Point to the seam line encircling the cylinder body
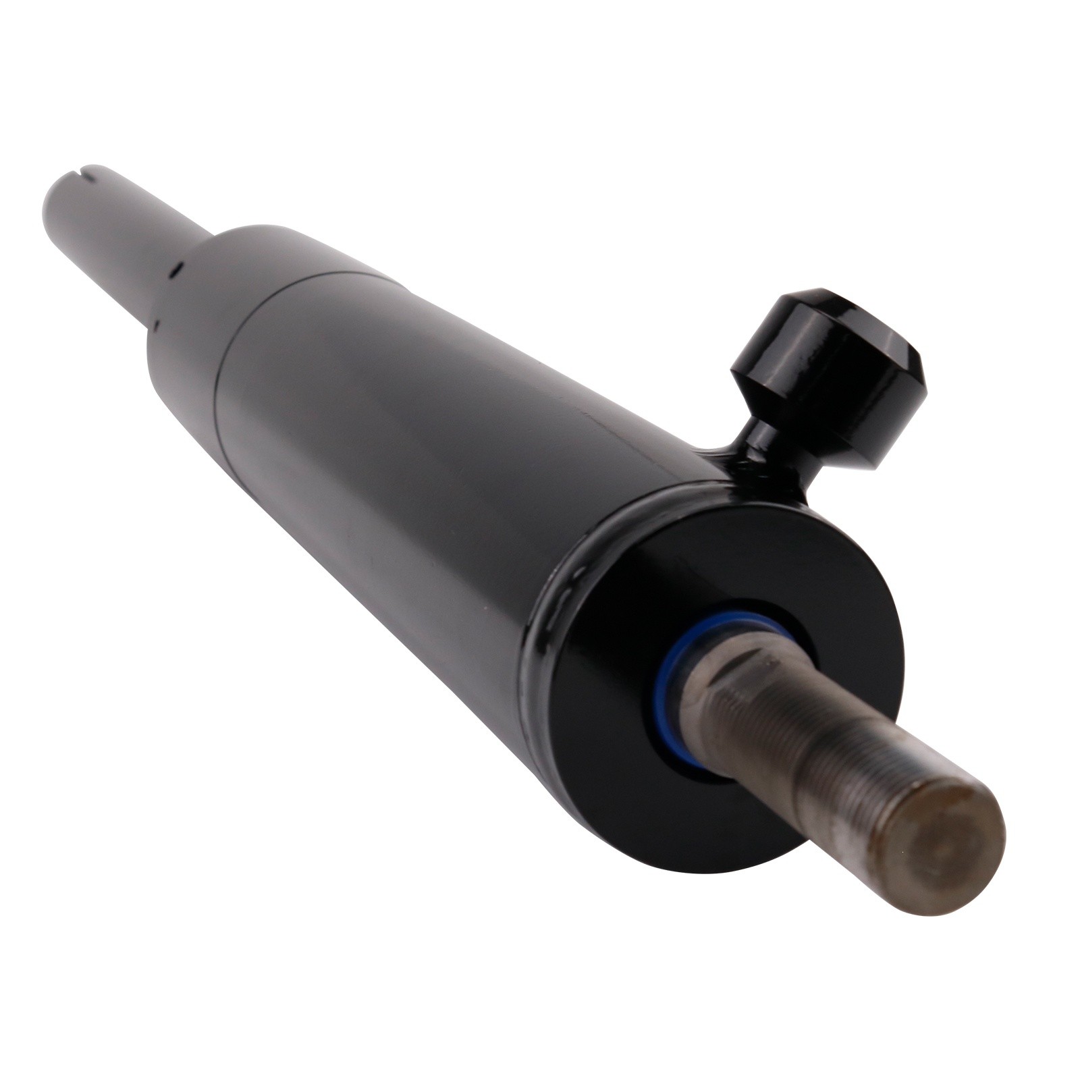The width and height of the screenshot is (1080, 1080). point(233,378)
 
